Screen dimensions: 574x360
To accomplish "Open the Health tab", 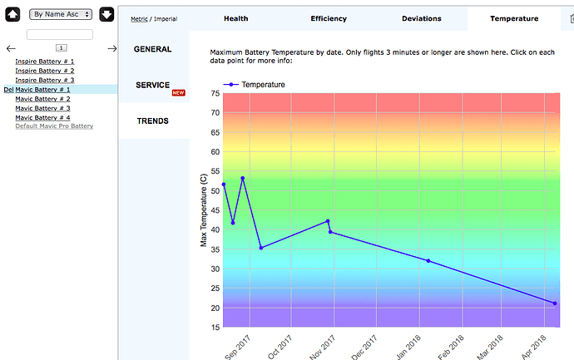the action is coord(235,18).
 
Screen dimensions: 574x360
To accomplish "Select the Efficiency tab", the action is coord(329,18).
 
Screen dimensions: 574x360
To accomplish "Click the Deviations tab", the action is coord(421,18).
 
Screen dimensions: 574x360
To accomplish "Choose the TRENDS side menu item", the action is coord(153,121).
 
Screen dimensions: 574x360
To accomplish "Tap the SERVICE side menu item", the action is coord(153,86).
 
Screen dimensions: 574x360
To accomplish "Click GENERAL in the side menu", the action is coord(153,49).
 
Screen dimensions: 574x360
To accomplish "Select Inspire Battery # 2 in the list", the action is coord(45,71).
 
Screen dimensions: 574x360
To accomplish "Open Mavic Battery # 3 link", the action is coord(42,108).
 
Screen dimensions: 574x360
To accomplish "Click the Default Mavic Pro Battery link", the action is coord(54,126).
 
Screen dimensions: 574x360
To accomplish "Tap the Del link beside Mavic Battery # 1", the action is coord(8,90).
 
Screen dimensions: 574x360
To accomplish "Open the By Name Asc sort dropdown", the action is coord(61,14).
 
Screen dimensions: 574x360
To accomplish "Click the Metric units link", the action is coord(139,19).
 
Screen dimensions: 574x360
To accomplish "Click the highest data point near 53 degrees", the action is coord(242,179).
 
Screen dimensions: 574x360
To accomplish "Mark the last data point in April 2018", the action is coord(555,303).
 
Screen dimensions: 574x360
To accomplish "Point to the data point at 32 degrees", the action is coord(428,261).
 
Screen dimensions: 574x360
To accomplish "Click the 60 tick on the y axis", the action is coord(215,152).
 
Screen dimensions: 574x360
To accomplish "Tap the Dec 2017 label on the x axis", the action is coord(364,348).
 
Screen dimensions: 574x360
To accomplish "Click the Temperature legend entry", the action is coord(254,85).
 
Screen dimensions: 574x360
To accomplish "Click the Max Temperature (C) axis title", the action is coord(204,210).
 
